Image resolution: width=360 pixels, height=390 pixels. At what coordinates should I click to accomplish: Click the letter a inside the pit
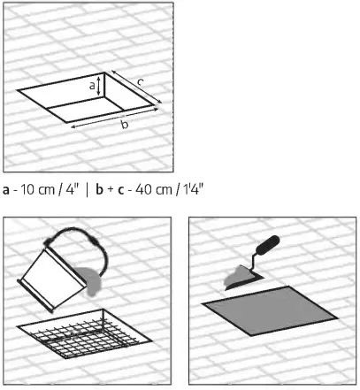tap(91, 86)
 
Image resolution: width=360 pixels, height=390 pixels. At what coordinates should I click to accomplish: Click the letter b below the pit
tap(124, 126)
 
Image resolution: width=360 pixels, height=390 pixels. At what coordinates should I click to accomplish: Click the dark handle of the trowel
tap(265, 245)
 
